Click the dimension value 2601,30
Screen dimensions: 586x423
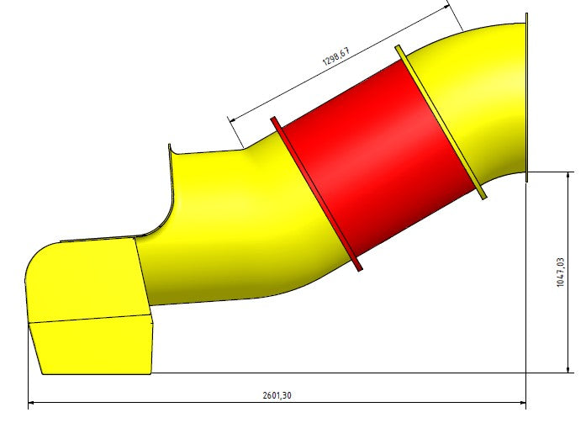point(277,395)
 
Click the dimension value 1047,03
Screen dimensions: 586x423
point(560,272)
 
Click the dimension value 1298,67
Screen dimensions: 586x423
point(336,56)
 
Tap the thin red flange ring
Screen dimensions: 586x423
point(316,193)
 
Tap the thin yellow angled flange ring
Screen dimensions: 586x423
point(441,122)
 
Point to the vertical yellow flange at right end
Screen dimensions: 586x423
point(526,98)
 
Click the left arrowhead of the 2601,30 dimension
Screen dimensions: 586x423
point(31,403)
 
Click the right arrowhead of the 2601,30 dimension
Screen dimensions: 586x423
point(522,403)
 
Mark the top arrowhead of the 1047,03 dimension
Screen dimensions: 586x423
point(568,175)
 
